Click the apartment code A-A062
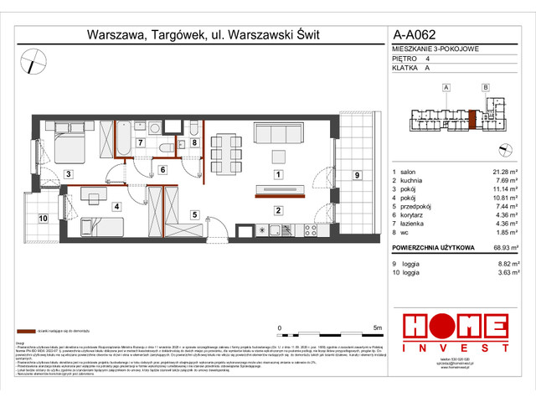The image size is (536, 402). click(415, 35)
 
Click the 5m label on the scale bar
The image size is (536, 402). click(378, 327)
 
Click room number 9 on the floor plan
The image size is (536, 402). click(357, 174)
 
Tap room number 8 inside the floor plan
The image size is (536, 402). click(193, 142)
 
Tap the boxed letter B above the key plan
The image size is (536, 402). click(485, 87)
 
